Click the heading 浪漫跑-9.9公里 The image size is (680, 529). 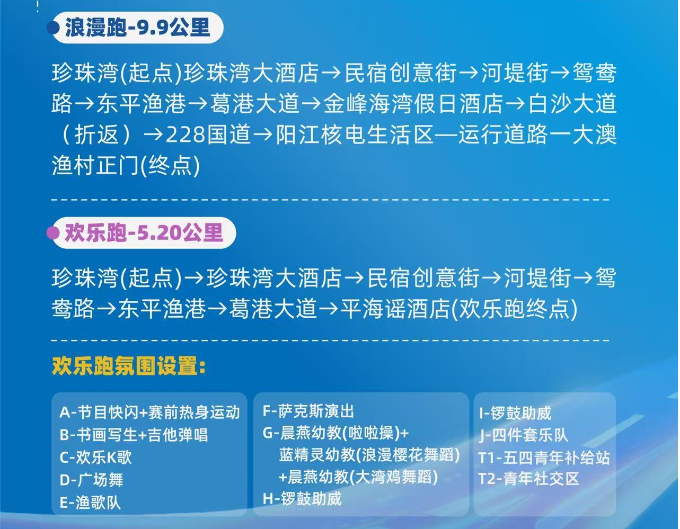137,28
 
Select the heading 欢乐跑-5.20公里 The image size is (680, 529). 144,233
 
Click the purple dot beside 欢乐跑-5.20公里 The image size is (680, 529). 52,233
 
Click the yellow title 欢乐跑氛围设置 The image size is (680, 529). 129,366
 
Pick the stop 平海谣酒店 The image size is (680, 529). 394,309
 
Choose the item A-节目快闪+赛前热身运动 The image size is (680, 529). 150,412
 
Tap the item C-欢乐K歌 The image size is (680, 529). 95,457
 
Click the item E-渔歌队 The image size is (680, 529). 90,503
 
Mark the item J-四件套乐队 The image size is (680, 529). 523,435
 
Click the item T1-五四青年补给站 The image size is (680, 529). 544,458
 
